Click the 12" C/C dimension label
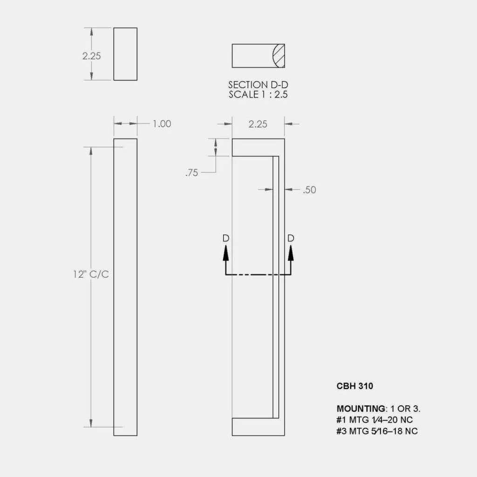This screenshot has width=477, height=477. (91, 274)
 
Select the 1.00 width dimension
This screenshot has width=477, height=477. (162, 124)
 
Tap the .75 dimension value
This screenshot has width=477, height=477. (191, 173)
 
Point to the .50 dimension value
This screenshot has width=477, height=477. (309, 190)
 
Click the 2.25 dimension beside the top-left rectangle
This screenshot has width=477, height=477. (92, 56)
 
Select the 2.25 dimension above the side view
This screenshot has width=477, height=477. (258, 124)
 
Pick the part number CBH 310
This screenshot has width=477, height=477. (355, 386)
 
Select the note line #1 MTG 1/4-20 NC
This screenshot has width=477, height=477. (375, 420)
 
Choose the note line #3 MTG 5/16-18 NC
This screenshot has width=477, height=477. (377, 431)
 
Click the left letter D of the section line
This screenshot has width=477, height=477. (226, 238)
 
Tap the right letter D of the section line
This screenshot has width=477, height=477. (291, 238)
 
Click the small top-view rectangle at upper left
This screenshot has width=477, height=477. (125, 54)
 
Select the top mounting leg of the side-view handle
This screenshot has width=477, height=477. (258, 147)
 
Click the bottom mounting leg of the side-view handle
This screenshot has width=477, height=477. (258, 427)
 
